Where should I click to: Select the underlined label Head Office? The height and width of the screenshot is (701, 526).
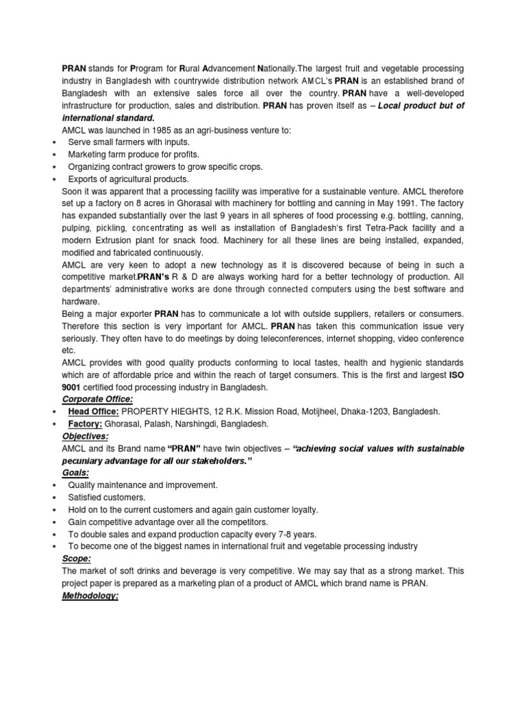[x=94, y=411]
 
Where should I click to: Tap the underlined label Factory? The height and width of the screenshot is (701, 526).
[x=85, y=423]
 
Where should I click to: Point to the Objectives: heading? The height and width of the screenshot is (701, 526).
[x=86, y=435]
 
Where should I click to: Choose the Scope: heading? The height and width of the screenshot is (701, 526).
[x=75, y=559]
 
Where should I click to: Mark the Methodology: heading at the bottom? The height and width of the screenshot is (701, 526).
[x=90, y=596]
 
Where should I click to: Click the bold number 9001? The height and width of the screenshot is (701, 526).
[x=72, y=387]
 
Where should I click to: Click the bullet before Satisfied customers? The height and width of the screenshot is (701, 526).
[x=53, y=498]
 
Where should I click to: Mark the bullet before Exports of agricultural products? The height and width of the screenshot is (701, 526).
[x=53, y=179]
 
